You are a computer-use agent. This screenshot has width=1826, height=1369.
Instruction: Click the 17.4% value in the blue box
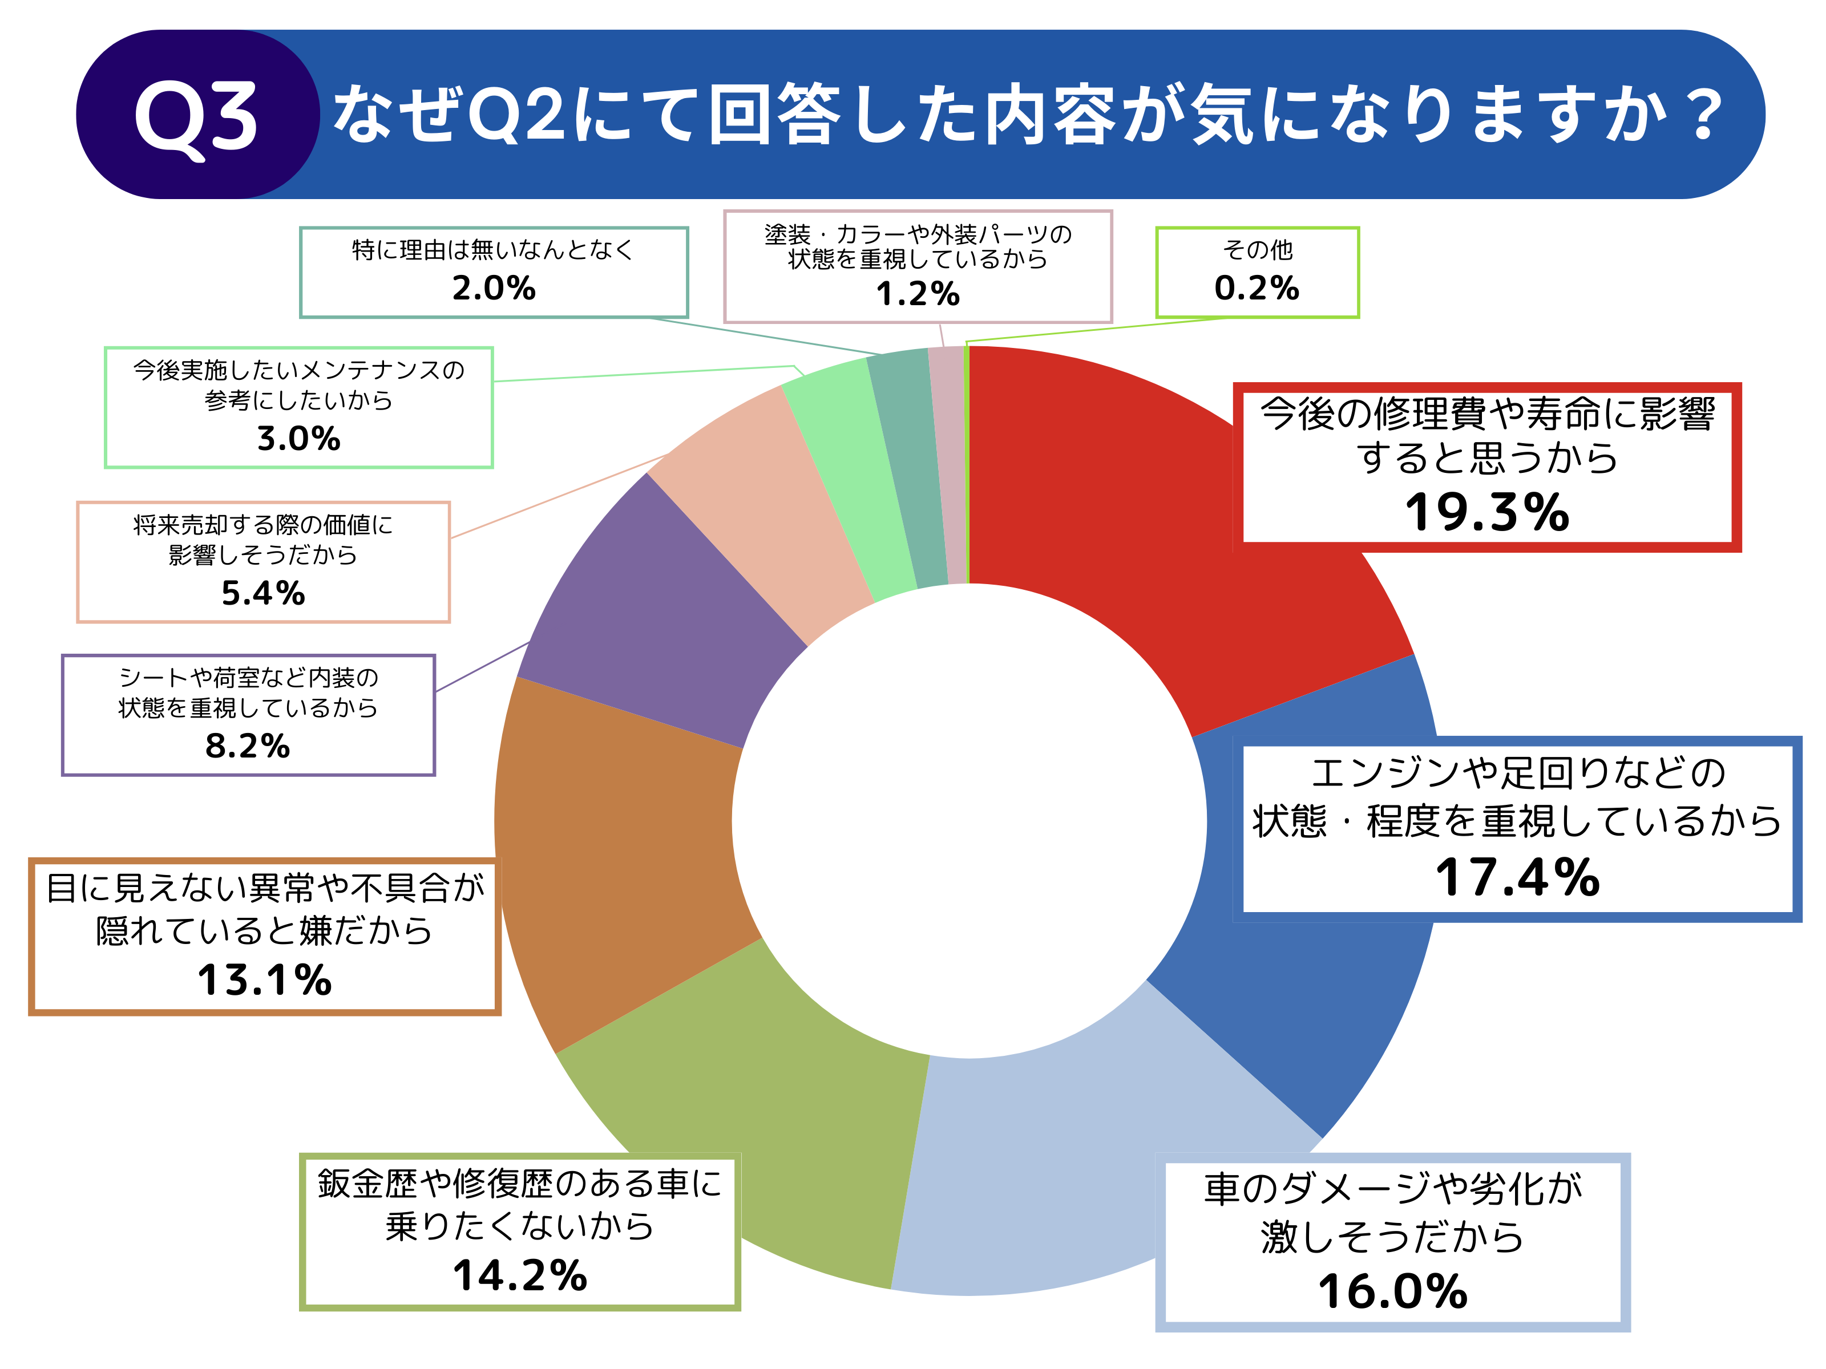coord(1517,877)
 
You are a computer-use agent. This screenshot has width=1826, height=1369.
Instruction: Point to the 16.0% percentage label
coord(1393,1291)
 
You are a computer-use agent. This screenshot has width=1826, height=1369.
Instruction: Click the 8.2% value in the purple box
coord(248,746)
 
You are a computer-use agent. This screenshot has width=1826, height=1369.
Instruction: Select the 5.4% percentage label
coord(263,593)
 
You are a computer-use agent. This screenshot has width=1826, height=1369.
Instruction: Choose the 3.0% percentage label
coord(299,438)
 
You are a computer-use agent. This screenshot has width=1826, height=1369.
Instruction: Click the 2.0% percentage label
coord(494,288)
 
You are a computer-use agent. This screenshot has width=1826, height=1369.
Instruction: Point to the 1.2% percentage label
coord(918,294)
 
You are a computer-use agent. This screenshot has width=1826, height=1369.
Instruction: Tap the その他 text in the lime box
coord(1257,249)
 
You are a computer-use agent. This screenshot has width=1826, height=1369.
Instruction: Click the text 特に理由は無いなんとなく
coord(494,249)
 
